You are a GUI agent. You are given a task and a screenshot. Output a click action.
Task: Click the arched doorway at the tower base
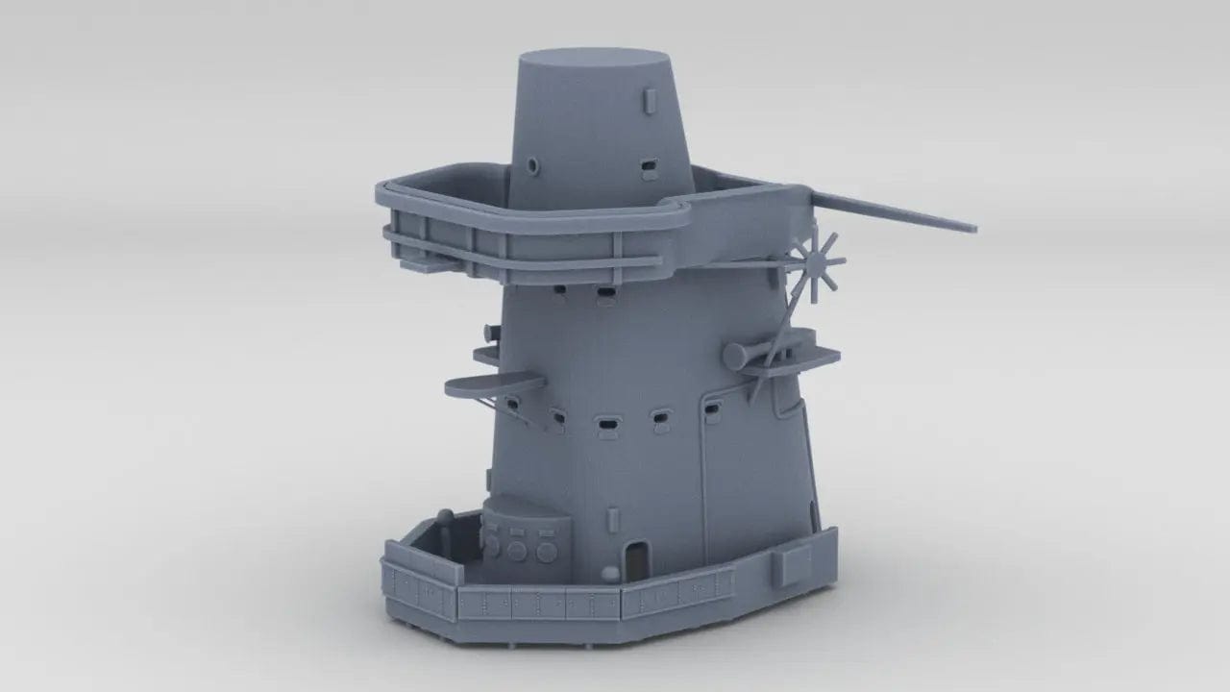(x=634, y=557)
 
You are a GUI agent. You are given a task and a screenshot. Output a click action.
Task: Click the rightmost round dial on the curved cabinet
(x=547, y=552)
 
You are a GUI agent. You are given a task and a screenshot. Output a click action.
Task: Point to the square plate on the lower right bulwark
(x=796, y=565)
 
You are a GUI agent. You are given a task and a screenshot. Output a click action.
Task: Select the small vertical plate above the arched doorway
(x=614, y=515)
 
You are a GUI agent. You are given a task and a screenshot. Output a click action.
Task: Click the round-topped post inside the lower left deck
(x=444, y=516)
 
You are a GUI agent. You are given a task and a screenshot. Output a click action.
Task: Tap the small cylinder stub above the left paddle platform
(x=491, y=333)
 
